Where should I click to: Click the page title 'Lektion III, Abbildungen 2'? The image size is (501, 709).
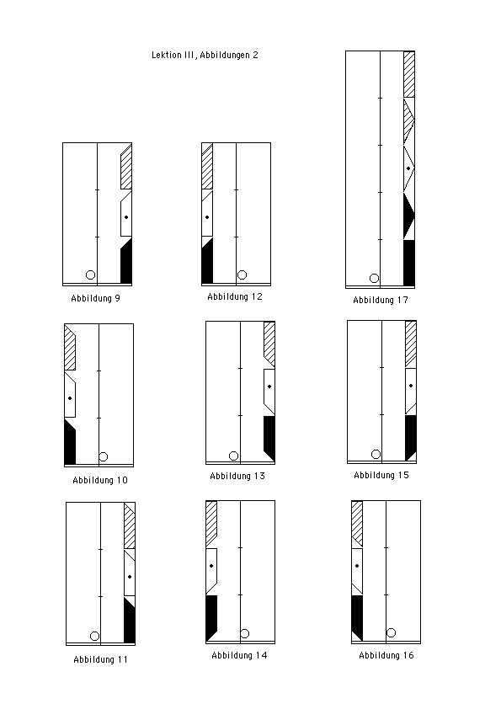(x=205, y=56)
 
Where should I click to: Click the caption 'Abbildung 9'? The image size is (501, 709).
(x=95, y=298)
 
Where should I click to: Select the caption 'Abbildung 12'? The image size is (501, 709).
(x=235, y=297)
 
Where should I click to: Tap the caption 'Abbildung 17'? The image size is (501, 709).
(x=381, y=301)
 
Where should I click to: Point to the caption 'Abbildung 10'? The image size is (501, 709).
(x=100, y=480)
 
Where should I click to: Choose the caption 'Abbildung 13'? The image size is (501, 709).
(x=237, y=476)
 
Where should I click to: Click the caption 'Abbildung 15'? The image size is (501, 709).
(x=381, y=475)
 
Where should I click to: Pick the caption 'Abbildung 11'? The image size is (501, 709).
(x=100, y=659)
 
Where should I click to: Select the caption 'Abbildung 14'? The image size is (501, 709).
(x=239, y=656)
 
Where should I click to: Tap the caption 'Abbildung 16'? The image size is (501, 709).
(x=386, y=656)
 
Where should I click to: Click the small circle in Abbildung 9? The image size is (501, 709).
(x=90, y=275)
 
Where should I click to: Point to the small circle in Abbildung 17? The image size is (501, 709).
(x=374, y=278)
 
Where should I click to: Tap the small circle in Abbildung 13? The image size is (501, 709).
(x=233, y=456)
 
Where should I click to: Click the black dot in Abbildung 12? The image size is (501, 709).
(x=207, y=217)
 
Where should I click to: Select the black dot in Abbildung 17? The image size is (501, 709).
(x=408, y=168)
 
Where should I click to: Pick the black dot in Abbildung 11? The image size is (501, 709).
(x=130, y=577)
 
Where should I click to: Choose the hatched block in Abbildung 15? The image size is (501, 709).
(x=411, y=344)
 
